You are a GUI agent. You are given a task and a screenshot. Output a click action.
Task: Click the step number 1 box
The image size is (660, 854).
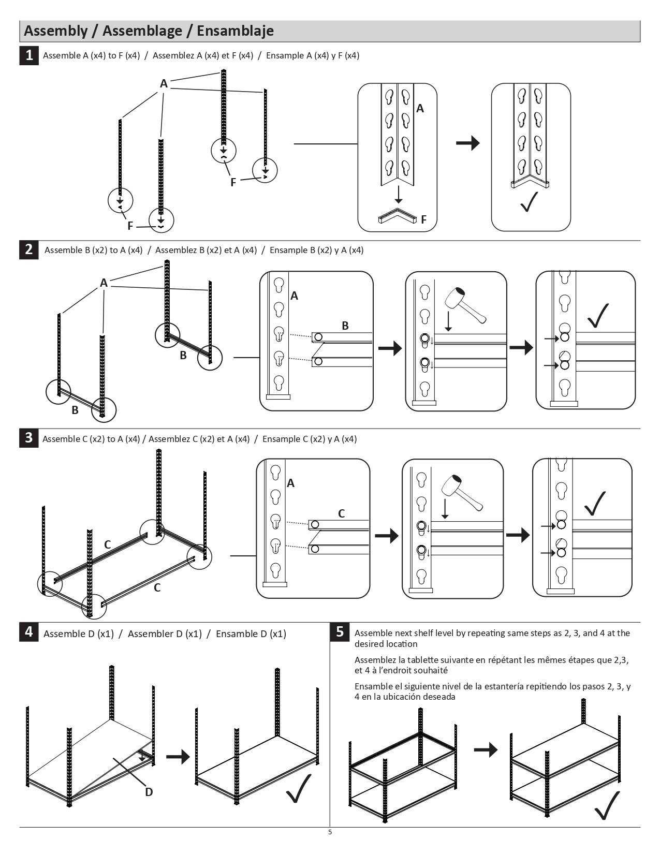[29, 55]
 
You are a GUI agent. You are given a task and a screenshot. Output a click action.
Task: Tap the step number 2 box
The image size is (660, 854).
[29, 249]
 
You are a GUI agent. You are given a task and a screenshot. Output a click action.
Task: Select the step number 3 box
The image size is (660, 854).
[29, 438]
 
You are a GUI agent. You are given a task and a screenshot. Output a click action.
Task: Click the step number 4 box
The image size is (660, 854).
[29, 632]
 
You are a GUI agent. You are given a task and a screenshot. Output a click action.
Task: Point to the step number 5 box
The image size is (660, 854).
[340, 632]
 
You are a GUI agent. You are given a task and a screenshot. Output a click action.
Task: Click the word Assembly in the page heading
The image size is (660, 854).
[56, 31]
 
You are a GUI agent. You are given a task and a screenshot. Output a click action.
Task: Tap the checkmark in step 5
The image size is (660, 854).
[607, 805]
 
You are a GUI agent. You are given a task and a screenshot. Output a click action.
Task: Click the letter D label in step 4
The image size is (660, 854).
[149, 792]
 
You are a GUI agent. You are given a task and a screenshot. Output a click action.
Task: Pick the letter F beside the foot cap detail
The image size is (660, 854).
[423, 220]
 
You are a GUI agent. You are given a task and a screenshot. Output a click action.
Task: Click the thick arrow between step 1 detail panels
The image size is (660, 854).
[468, 143]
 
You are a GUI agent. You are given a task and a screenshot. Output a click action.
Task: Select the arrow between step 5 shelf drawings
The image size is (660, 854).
[486, 749]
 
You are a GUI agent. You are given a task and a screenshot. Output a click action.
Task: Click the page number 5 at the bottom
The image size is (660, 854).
[330, 832]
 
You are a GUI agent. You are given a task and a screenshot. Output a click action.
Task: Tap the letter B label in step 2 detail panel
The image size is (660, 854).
[345, 326]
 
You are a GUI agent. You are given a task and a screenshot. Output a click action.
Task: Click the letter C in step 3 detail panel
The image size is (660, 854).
[341, 513]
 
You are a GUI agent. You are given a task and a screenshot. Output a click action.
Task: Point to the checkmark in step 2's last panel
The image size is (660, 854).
[598, 315]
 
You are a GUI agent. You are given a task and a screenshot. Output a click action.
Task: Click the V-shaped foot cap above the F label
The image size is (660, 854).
[398, 216]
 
